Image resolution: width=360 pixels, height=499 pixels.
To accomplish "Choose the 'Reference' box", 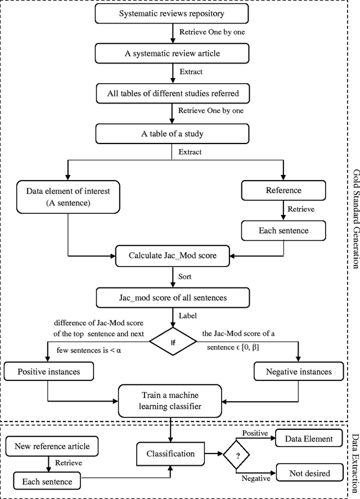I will pos(283,191).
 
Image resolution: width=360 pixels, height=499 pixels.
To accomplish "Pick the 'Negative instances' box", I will pos(298,371).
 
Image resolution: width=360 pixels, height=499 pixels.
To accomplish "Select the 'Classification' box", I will pos(170,453).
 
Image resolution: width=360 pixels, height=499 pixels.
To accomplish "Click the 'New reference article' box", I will pos(51,446).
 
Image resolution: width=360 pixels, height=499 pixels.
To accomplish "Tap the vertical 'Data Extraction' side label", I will pos(354,460).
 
